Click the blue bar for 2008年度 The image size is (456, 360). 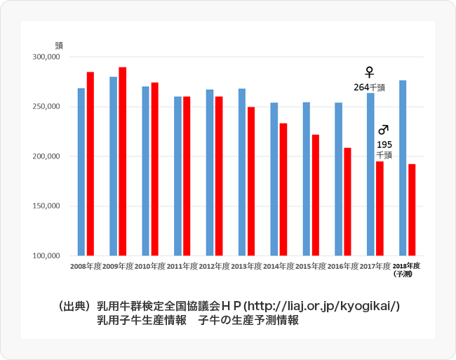(x=81, y=172)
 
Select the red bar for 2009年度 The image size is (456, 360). (x=123, y=161)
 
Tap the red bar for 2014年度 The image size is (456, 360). (x=283, y=189)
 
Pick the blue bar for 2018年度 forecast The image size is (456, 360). (x=403, y=168)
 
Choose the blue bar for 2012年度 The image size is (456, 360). (x=210, y=173)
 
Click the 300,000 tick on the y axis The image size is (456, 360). (x=48, y=58)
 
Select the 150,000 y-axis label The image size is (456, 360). (x=48, y=207)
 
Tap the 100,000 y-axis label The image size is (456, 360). (x=48, y=257)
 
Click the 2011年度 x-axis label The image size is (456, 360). (x=182, y=267)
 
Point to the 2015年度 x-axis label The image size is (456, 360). (x=311, y=267)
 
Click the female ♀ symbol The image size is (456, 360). (x=370, y=72)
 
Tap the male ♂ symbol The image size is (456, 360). (x=384, y=130)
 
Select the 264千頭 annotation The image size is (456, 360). (x=369, y=88)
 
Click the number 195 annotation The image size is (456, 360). (x=384, y=145)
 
